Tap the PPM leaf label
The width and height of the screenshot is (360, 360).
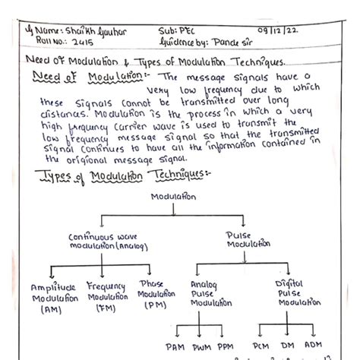pos(225,346)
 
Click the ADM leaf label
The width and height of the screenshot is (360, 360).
pos(312,346)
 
